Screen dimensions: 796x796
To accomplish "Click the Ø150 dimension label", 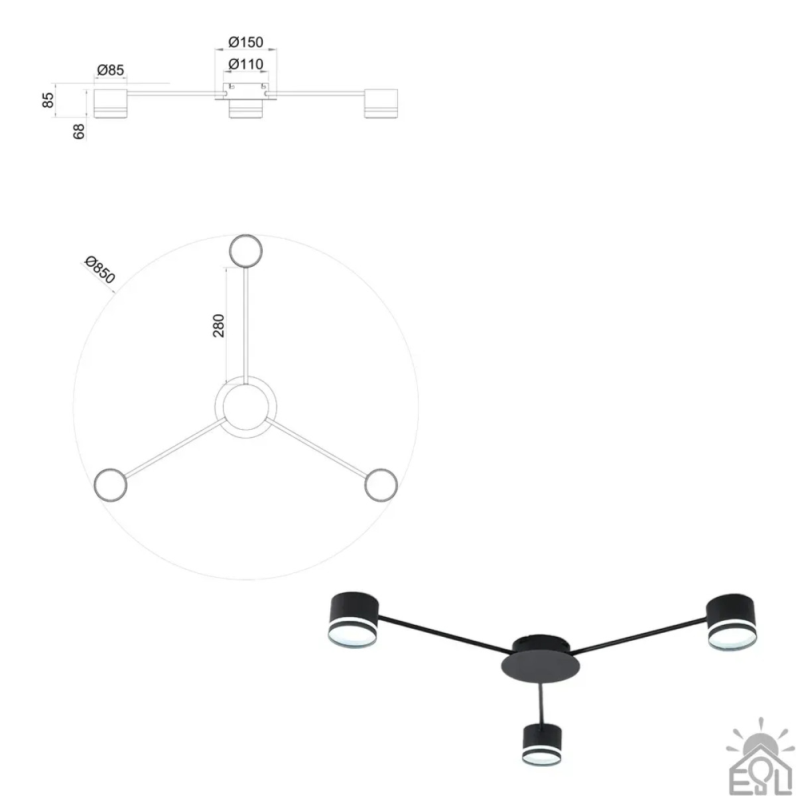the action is tap(245, 42).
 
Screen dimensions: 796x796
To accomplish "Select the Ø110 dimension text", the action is tap(245, 64).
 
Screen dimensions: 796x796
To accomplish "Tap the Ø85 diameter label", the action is tap(110, 70).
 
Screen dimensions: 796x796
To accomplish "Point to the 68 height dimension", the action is tap(80, 131).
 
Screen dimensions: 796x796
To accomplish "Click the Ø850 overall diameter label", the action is tap(99, 271).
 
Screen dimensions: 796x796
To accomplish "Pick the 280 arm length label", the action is tap(219, 326).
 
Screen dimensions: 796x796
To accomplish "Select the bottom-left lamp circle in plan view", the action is tap(110, 484).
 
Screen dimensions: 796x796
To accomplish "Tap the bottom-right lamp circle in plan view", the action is tap(381, 484).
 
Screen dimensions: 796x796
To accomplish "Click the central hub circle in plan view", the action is tap(246, 407).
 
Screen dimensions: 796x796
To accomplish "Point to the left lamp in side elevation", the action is tap(111, 103).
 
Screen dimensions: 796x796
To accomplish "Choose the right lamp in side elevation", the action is tap(381, 103).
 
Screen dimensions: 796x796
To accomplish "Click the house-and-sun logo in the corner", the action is tap(760, 760).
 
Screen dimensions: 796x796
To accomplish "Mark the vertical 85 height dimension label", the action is tap(48, 100).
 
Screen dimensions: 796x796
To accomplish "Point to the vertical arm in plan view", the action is tap(246, 326).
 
